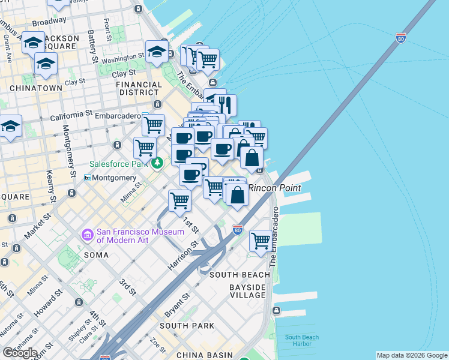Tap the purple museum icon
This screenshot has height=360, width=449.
(88, 233)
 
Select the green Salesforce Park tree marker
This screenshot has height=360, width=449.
(157, 163)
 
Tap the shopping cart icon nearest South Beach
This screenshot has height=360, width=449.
(261, 241)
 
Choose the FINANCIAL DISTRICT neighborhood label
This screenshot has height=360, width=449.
(139, 88)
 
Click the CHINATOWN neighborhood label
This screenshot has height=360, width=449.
(36, 88)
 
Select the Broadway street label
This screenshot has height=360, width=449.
(49, 20)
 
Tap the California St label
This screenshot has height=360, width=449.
(71, 113)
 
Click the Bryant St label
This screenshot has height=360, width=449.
(178, 305)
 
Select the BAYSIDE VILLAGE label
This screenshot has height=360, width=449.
(247, 291)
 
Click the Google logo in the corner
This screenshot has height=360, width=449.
(20, 352)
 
